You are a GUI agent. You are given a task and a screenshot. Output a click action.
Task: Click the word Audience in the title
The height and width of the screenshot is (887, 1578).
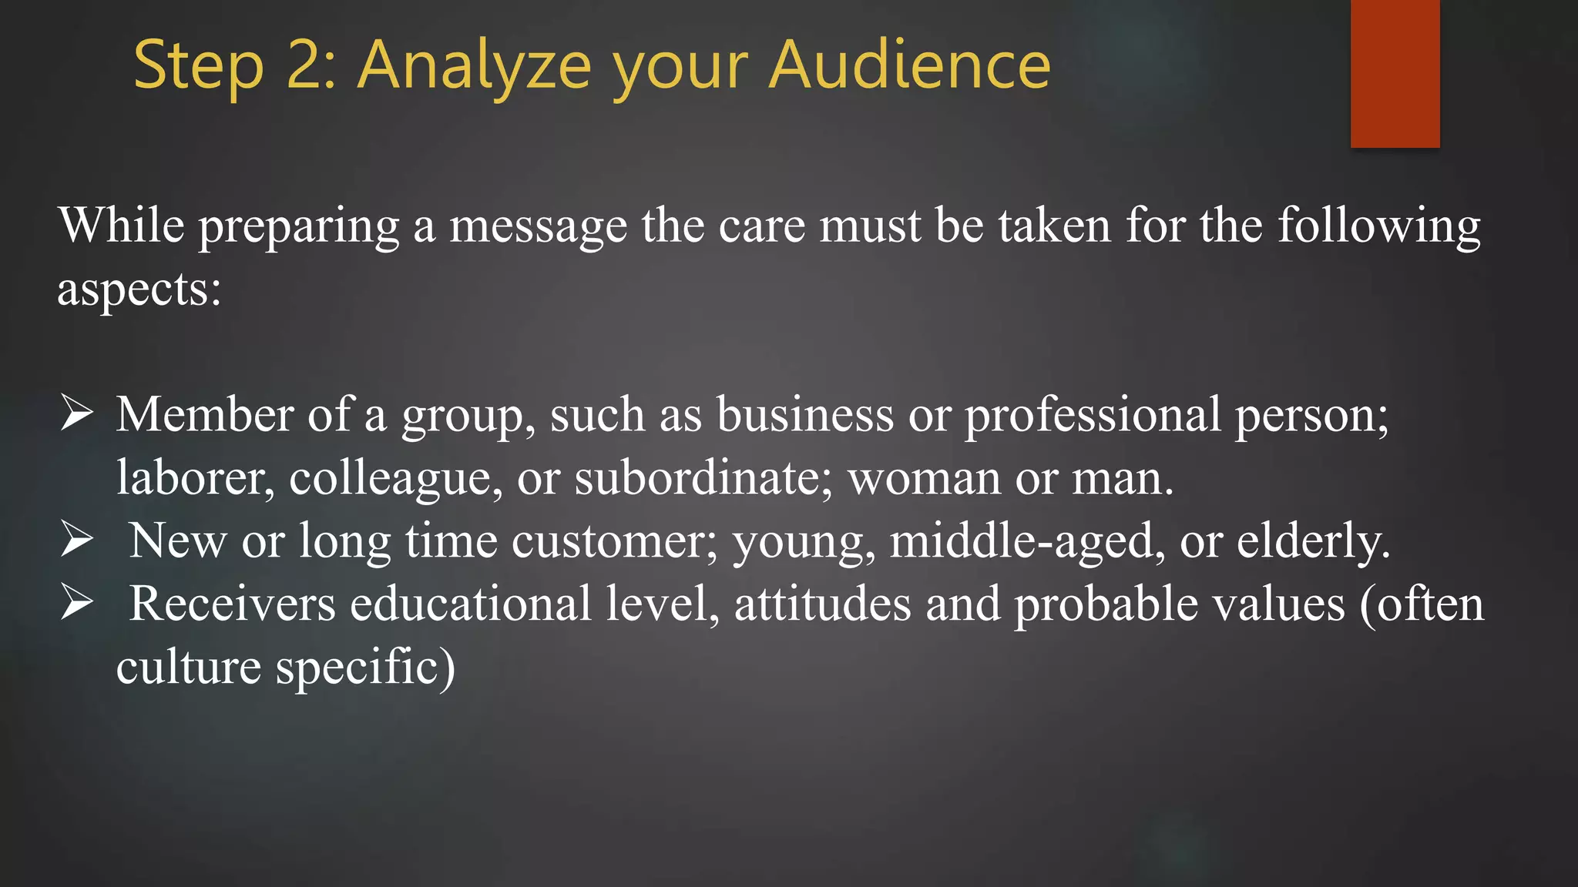(910, 65)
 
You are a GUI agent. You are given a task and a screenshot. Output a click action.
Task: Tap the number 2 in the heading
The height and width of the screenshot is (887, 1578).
(304, 66)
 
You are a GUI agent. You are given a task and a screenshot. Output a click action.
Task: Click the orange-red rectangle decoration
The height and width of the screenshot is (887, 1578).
(1395, 73)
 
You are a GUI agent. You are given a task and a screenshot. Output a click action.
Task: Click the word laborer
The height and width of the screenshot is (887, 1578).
(195, 478)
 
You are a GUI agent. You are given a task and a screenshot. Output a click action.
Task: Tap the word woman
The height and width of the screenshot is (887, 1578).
(924, 478)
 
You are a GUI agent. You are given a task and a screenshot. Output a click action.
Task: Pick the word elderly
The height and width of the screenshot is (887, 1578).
(1313, 541)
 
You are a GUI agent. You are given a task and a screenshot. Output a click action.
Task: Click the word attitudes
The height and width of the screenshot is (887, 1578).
(822, 604)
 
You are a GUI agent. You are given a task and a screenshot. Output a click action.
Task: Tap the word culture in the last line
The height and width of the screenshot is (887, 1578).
(188, 667)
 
